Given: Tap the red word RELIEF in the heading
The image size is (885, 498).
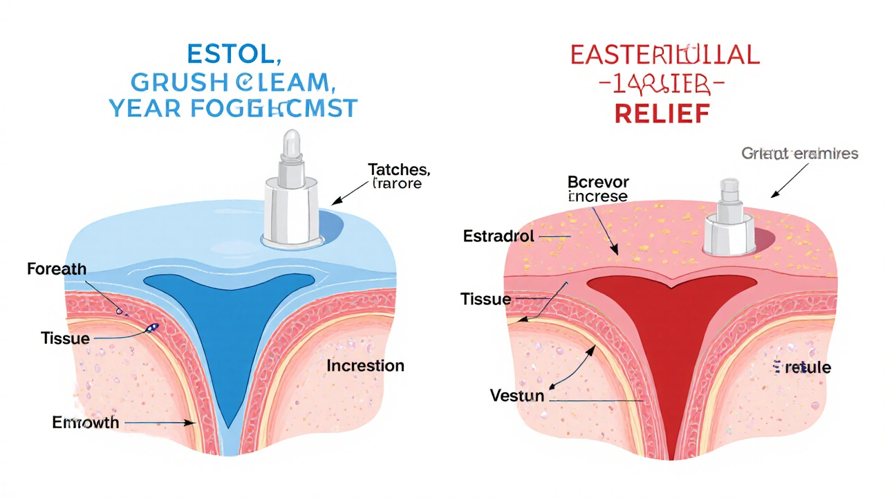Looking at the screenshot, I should coord(662,113).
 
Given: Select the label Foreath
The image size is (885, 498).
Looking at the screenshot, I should coord(57,269).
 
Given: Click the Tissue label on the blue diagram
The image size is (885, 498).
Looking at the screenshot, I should coord(65,338).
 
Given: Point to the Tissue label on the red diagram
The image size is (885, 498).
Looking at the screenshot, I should coord(485,299).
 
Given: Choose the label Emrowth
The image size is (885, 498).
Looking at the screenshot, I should coord(86,422).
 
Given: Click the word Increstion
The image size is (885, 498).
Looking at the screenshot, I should coord(365,365).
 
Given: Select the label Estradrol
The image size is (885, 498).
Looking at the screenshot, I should coord(498,236).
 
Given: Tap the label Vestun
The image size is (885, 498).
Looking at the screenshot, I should coord(517,396).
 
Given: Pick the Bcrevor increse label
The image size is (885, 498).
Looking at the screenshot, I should coord(597,189).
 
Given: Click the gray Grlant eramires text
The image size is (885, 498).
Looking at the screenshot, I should coord(799,154).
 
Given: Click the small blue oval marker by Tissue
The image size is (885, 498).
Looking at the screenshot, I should coord(152,328).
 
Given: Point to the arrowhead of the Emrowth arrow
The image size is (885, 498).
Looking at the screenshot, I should coord(193,422).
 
